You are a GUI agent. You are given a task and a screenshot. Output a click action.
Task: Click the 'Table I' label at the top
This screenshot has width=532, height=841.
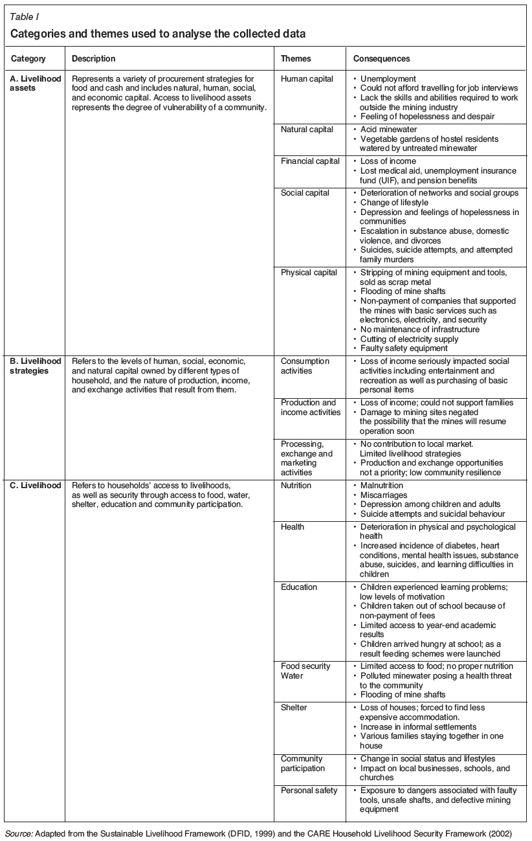23,17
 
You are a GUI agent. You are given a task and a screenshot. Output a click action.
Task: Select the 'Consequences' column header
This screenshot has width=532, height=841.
381,59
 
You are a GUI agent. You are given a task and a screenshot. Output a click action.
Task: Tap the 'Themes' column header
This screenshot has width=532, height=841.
296,59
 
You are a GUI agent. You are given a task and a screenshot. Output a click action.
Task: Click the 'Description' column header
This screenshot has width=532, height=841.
93,59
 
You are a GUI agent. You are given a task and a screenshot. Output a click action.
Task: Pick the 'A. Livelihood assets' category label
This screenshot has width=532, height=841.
36,84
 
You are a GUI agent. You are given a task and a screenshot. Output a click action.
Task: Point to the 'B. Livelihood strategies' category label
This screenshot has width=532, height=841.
36,366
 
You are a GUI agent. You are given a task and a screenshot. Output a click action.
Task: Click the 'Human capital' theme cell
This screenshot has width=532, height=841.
307,79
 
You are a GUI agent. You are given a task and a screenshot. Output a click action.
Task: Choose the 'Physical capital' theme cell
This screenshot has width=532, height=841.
309,273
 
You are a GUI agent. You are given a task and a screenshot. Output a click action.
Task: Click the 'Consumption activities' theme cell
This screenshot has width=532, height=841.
305,366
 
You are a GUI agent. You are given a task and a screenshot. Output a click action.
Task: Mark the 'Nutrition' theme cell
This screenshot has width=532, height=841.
296,486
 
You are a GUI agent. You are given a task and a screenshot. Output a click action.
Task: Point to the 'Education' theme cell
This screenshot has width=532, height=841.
299,587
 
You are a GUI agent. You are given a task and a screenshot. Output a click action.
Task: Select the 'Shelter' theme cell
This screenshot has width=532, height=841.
294,708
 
